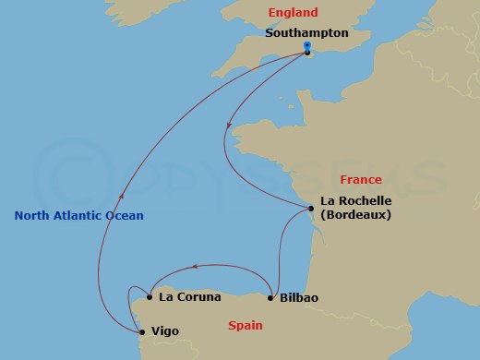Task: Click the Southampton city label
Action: [x=306, y=32]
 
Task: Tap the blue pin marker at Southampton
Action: [x=306, y=46]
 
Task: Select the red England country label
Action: [x=293, y=13]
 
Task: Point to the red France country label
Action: [x=361, y=179]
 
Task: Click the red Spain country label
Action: [x=245, y=325]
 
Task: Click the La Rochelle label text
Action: [x=355, y=200]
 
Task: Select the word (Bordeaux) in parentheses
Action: [x=355, y=214]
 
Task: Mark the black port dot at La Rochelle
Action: [x=312, y=209]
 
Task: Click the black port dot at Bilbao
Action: [x=270, y=297]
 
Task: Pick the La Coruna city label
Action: [x=189, y=297]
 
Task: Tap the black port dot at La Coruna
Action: [x=150, y=297]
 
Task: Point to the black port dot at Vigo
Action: [x=141, y=331]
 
